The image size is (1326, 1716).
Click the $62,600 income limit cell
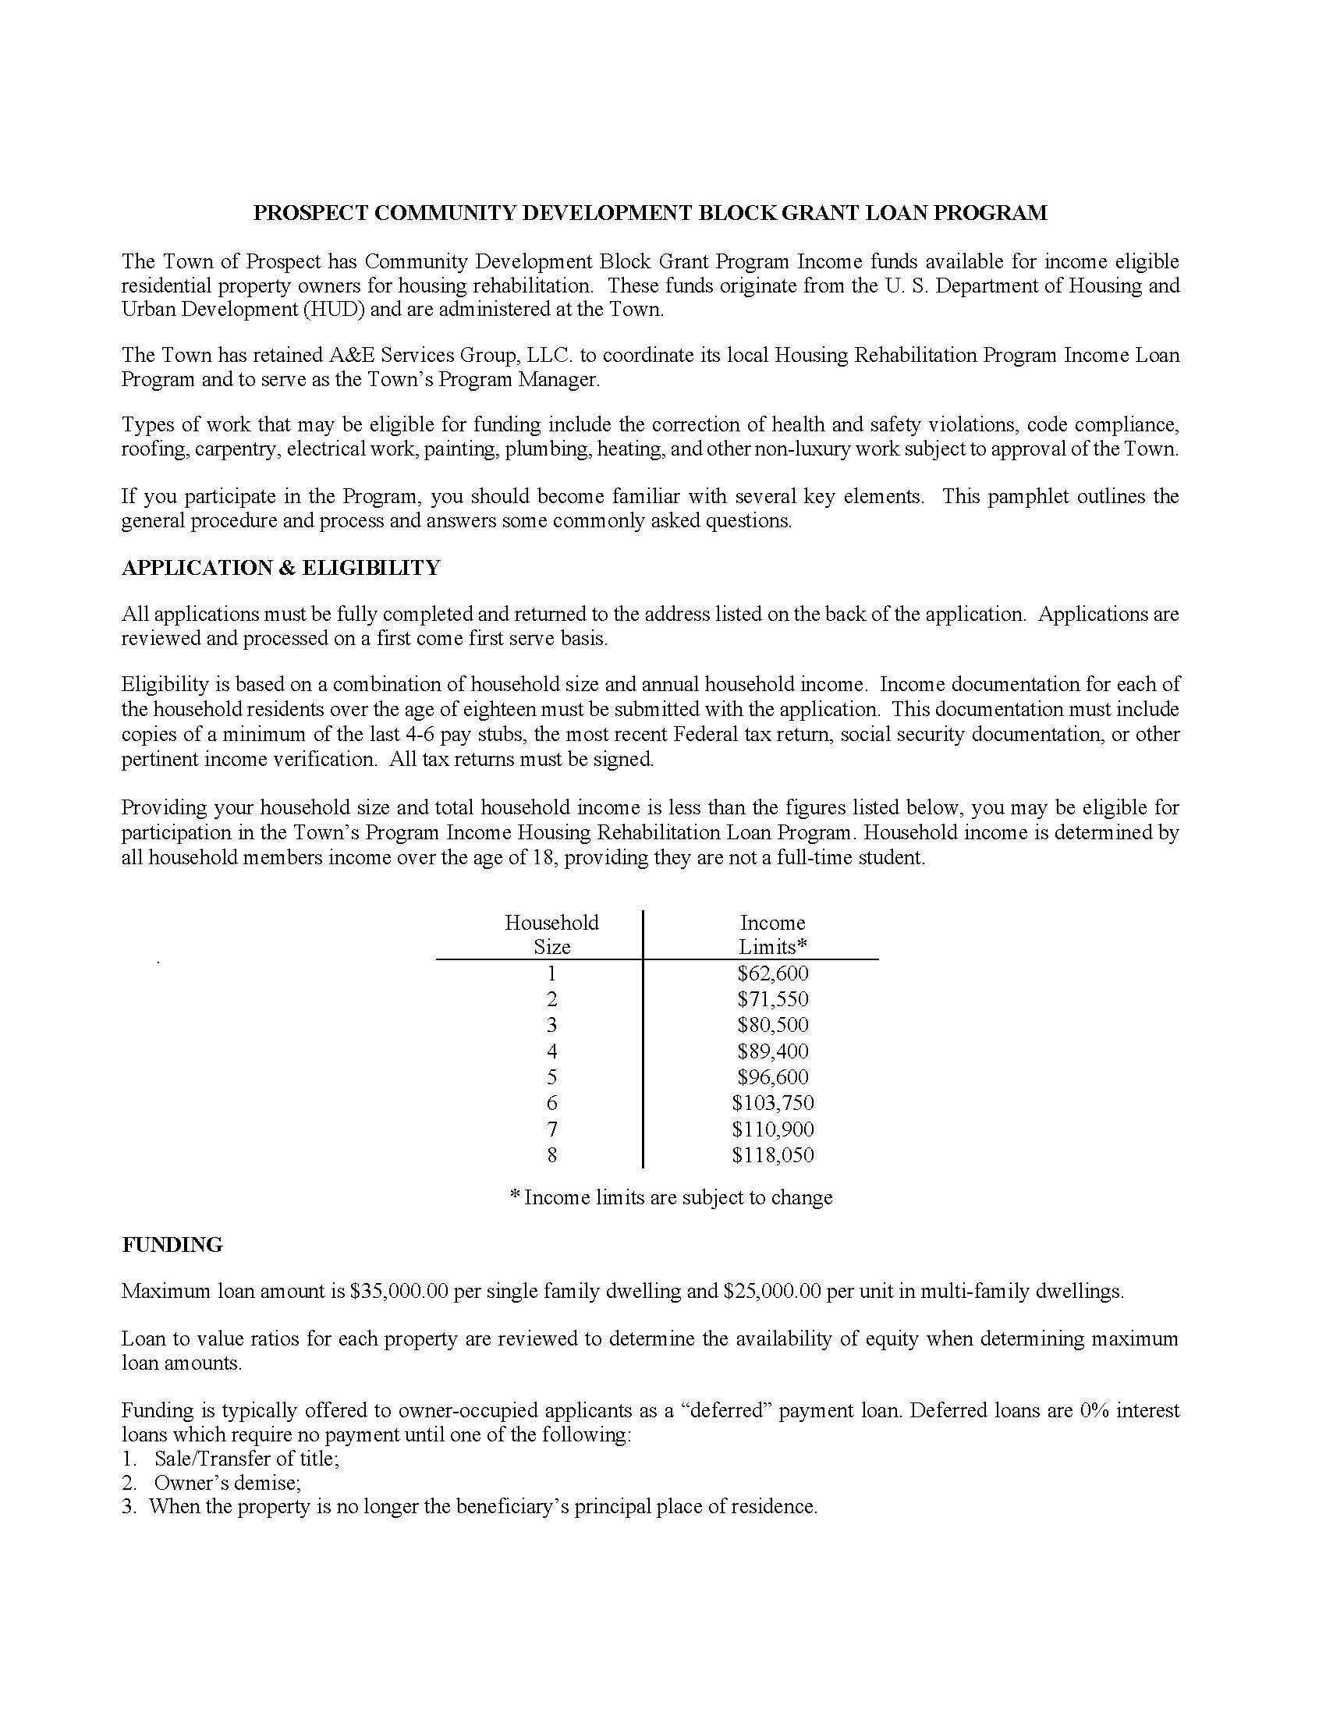[x=772, y=973]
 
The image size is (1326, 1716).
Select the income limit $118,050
[x=772, y=1155]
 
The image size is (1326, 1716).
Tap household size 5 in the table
[x=551, y=1077]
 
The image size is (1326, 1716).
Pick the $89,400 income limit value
[x=772, y=1051]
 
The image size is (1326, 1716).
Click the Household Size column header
[x=551, y=934]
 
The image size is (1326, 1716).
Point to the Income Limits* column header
[x=772, y=934]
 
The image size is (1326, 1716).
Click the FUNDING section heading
[x=172, y=1246]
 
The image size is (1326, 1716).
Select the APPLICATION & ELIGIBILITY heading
[x=281, y=568]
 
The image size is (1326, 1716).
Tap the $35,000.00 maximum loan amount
[x=399, y=1291]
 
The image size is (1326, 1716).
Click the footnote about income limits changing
[x=671, y=1197]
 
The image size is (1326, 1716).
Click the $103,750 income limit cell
[x=772, y=1103]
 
